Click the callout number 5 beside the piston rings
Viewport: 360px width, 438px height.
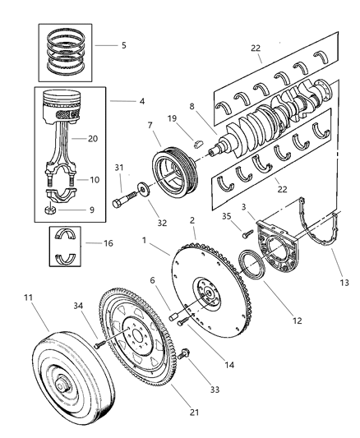(123, 45)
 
